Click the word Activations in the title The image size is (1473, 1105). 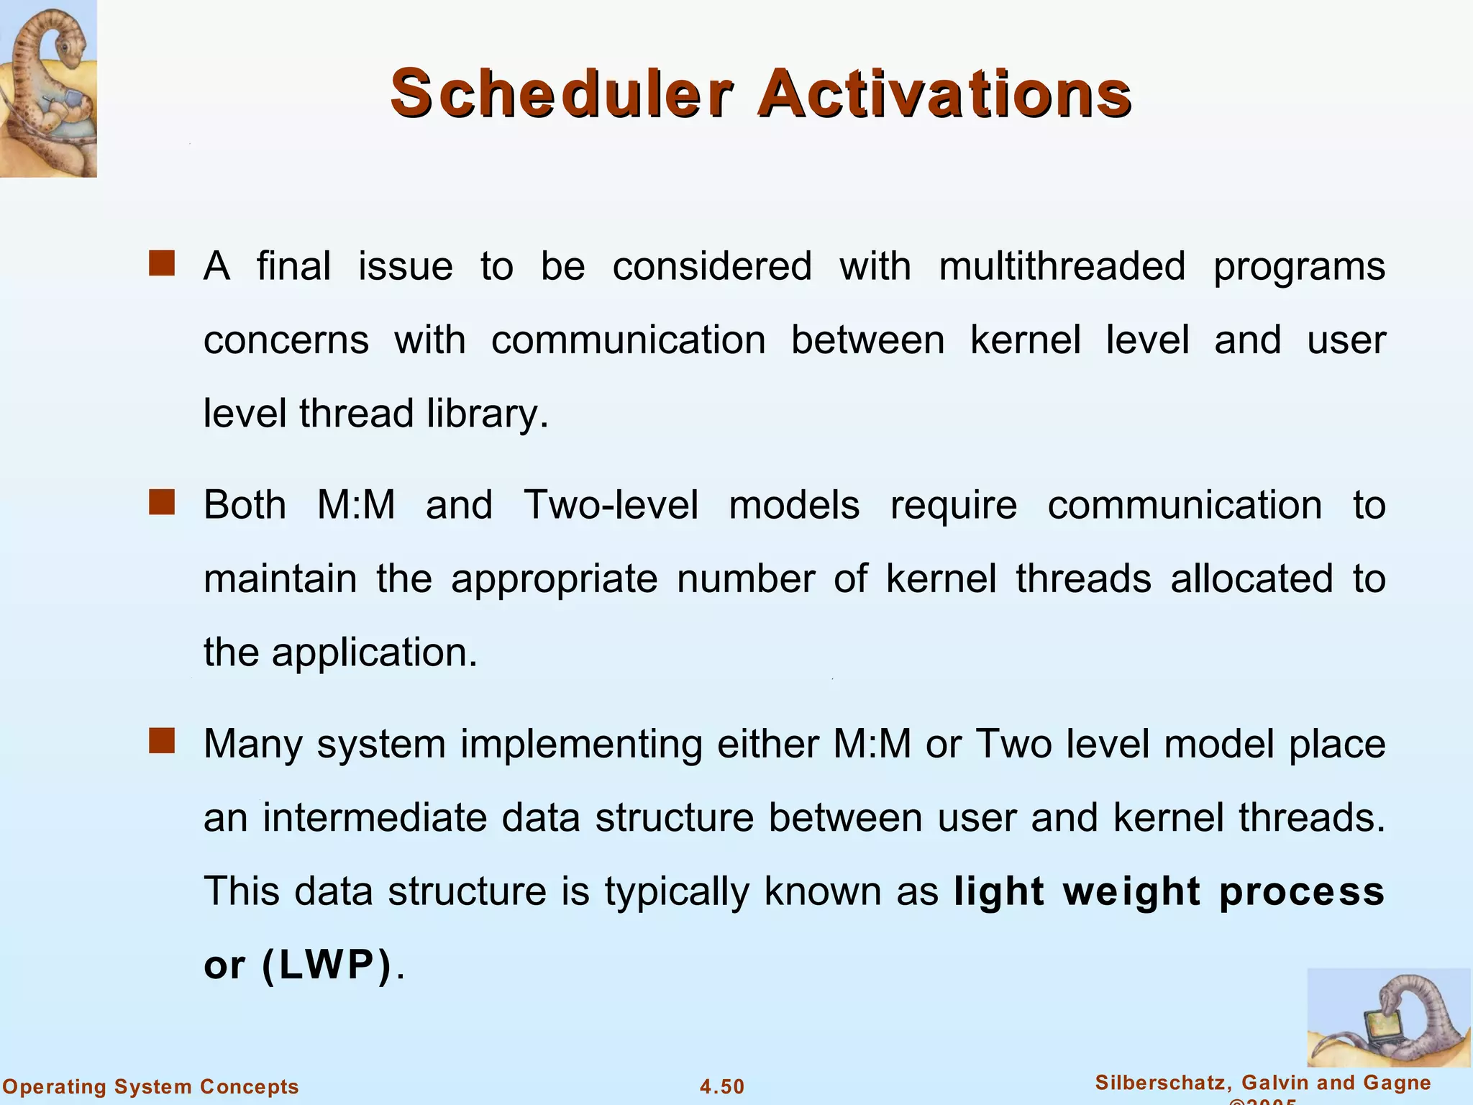click(944, 94)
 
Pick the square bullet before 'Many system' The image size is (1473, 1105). click(162, 741)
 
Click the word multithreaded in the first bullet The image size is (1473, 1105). click(1062, 266)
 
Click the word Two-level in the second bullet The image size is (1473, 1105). click(611, 505)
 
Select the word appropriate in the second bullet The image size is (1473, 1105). click(554, 579)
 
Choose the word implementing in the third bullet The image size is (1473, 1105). click(581, 744)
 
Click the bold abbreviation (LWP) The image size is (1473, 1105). click(328, 965)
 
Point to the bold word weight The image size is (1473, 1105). click(1131, 892)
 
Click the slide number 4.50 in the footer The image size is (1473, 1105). click(722, 1086)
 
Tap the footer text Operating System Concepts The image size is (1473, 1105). click(150, 1086)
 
